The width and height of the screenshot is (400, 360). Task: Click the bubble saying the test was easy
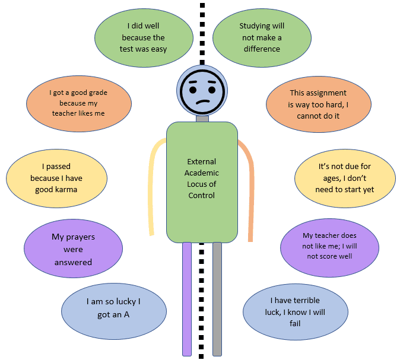(x=143, y=37)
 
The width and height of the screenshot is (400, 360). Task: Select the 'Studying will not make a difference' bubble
(x=262, y=37)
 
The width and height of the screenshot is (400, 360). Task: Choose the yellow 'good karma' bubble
(x=56, y=178)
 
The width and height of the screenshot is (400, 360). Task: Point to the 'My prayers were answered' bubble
(x=74, y=249)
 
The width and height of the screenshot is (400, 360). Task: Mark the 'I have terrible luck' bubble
(x=295, y=311)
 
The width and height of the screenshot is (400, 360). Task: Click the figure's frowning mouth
(x=202, y=103)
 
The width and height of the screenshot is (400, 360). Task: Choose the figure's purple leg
(x=187, y=297)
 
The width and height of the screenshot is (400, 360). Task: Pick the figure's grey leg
(x=217, y=297)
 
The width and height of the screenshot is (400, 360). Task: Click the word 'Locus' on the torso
(x=195, y=184)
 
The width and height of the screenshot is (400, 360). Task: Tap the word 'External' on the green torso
(x=202, y=161)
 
